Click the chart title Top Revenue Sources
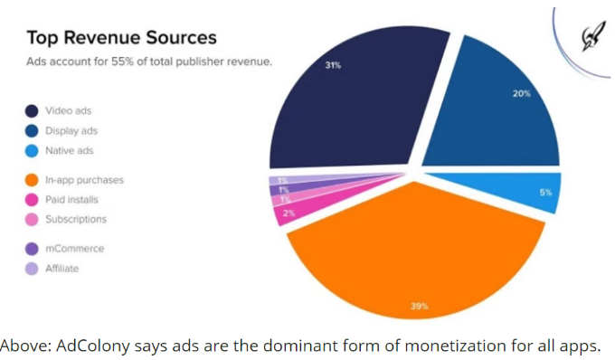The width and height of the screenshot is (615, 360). (121, 38)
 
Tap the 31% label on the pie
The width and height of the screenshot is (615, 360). (333, 65)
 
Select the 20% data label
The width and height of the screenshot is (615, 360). (522, 93)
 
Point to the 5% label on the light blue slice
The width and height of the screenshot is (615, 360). (545, 193)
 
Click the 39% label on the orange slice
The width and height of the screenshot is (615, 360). (420, 306)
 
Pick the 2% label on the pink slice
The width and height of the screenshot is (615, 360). (289, 213)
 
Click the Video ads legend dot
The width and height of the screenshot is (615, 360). (32, 111)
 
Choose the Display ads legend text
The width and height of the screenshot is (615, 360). (71, 130)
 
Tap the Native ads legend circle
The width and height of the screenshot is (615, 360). (32, 150)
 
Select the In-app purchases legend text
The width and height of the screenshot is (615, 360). (84, 180)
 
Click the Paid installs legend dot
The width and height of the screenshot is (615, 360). (32, 200)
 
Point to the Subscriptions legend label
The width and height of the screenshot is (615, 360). (76, 219)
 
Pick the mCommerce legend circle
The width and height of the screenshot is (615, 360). (32, 249)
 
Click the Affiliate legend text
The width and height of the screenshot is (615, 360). (62, 269)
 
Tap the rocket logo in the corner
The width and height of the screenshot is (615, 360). (591, 37)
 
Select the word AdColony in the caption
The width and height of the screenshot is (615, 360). (93, 346)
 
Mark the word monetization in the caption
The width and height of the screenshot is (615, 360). (455, 346)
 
